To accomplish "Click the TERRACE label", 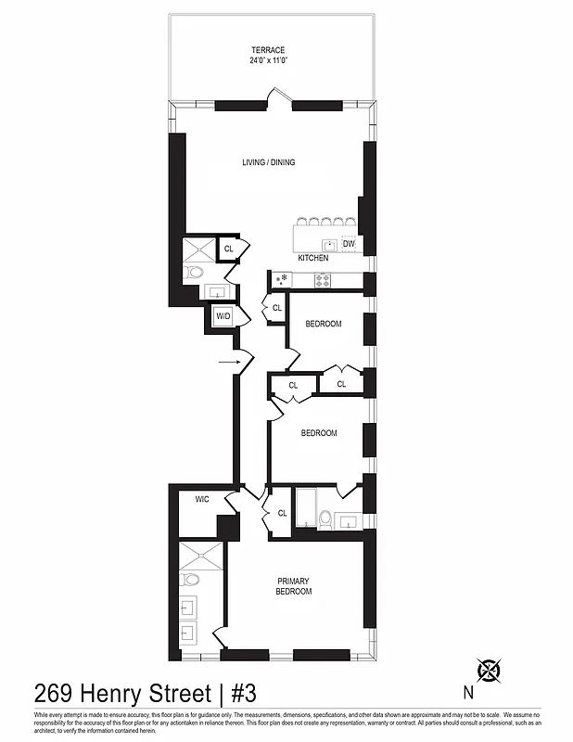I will pyautogui.click(x=269, y=50).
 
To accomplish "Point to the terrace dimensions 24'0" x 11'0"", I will pyautogui.click(x=269, y=60).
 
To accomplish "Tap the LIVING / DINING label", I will pyautogui.click(x=269, y=162).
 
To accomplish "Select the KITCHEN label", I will pyautogui.click(x=313, y=258).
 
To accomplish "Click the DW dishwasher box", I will pyautogui.click(x=349, y=244).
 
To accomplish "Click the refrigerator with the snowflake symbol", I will pyautogui.click(x=280, y=277).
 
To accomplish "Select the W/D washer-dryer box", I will pyautogui.click(x=223, y=316).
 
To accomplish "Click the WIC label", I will pyautogui.click(x=202, y=500).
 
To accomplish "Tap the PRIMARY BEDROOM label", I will pyautogui.click(x=293, y=586).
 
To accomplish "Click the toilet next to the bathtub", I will pyautogui.click(x=325, y=518).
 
